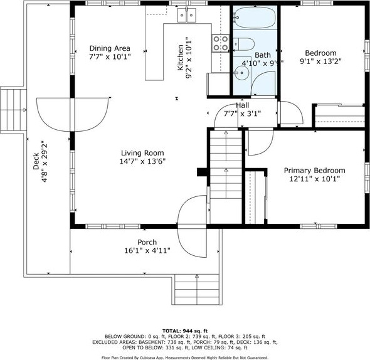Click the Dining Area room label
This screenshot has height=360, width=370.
110,48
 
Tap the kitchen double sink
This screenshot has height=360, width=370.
187,15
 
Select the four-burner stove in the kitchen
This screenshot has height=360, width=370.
220,43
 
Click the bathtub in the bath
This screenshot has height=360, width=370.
255,18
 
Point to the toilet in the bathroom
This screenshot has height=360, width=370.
244,44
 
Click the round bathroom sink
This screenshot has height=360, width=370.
241,73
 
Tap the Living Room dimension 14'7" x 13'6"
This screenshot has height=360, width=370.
142,161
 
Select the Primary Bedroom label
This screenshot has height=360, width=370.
315,171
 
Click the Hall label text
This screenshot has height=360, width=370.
243,105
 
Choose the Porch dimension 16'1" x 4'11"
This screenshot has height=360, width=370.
147,250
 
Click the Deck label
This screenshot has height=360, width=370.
36,161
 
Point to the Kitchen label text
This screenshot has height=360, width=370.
180,58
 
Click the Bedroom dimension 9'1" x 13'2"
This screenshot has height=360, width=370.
320,61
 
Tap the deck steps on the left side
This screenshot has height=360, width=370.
13,110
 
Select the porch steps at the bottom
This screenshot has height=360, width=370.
197,289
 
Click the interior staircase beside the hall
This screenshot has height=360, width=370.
226,164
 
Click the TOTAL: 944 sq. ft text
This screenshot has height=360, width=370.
185,331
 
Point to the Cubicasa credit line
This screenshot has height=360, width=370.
185,358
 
